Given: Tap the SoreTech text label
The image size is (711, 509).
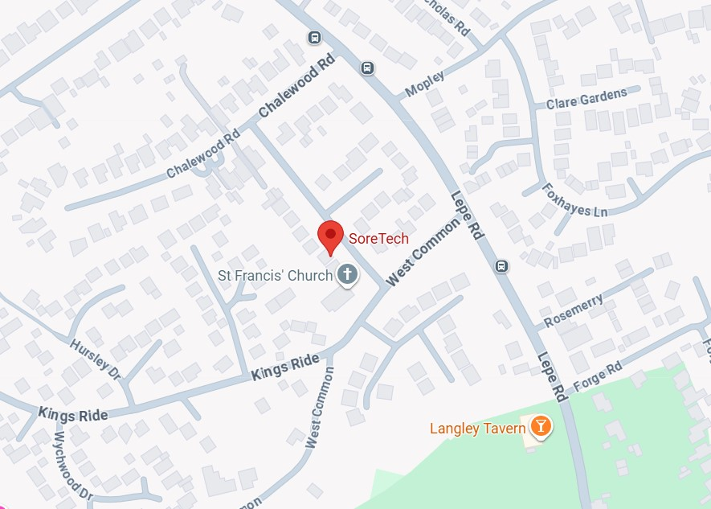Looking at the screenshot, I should coord(378,239).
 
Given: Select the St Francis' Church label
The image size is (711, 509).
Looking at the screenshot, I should coord(276,276).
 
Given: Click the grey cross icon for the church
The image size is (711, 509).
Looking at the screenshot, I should coord(348,275).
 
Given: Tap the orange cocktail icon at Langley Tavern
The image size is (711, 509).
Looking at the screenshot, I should coord(541,426).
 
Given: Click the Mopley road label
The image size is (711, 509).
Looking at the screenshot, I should coord(424,83).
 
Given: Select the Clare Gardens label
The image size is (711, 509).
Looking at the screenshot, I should coord(586,99).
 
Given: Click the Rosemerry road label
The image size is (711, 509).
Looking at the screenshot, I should coord(572,310).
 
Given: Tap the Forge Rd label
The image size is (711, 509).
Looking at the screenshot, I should coord(598,378).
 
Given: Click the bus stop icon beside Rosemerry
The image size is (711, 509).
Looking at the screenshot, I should coord(502,265).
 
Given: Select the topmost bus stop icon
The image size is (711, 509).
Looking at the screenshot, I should coord(314,37).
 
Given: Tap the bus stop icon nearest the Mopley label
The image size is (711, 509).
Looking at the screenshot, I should coord(367,68).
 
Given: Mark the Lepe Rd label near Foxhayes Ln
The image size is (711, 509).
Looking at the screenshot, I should coord(467,216).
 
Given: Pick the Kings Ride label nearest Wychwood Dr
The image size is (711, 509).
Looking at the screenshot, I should coord(73,415).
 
